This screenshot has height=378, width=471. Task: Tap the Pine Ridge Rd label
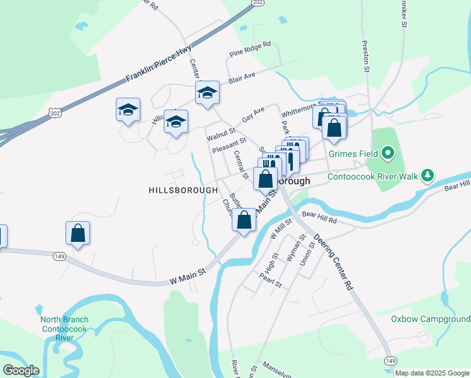pyautogui.click(x=250, y=49)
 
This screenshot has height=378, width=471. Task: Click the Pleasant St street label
pyautogui.click(x=228, y=146)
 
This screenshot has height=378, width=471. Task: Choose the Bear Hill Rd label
pyautogui.click(x=320, y=218)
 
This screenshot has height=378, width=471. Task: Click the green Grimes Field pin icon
pyautogui.click(x=388, y=153)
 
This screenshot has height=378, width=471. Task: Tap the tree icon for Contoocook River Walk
pyautogui.click(x=428, y=175)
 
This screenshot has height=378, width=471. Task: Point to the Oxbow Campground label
pyautogui.click(x=431, y=319)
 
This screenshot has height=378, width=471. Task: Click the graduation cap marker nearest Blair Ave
pyautogui.click(x=207, y=93)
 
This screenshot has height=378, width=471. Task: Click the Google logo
pyautogui.click(x=21, y=370)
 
